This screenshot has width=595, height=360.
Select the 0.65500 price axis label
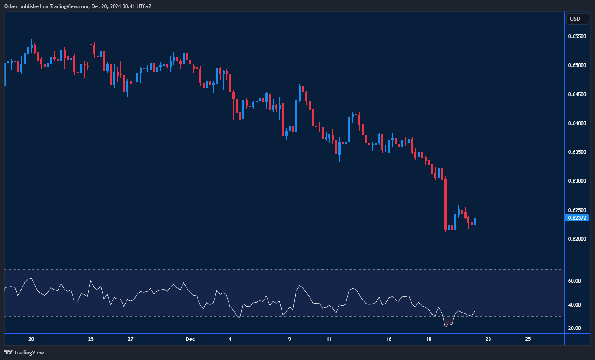(577, 36)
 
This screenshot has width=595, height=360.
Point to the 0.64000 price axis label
(577, 123)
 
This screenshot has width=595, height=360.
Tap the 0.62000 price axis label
(577, 239)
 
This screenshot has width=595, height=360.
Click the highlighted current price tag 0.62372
(577, 218)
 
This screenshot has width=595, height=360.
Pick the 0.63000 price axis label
(577, 181)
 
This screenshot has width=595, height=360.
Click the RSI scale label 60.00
(574, 281)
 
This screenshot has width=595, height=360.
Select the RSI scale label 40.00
(574, 305)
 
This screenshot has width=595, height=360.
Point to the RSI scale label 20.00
(574, 328)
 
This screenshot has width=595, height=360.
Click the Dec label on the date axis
(190, 339)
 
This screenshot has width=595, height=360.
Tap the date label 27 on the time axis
(131, 339)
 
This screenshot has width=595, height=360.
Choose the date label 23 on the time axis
(488, 339)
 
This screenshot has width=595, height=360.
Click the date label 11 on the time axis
(329, 339)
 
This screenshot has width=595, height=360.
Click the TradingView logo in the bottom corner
(24, 352)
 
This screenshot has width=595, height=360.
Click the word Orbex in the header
(11, 6)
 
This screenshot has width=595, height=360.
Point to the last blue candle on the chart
(475, 221)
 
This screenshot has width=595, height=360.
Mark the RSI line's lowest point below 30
(446, 327)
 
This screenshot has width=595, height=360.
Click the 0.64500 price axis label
(577, 95)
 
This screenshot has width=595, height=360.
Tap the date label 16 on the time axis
(389, 339)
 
